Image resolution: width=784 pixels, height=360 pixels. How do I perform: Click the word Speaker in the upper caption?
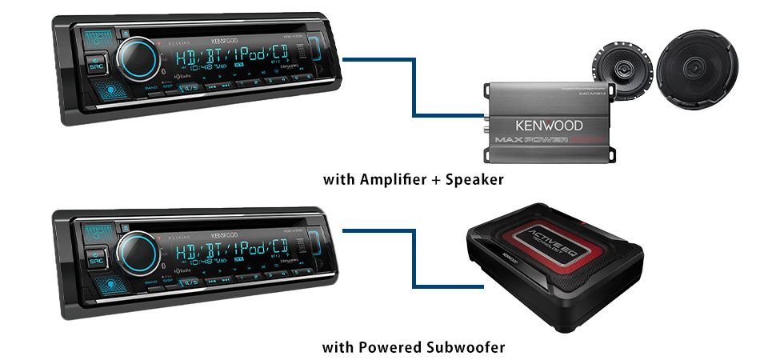tap(474, 179)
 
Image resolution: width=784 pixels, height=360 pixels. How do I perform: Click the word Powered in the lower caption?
tap(387, 347)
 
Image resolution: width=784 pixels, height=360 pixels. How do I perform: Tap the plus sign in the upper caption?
tap(436, 180)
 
